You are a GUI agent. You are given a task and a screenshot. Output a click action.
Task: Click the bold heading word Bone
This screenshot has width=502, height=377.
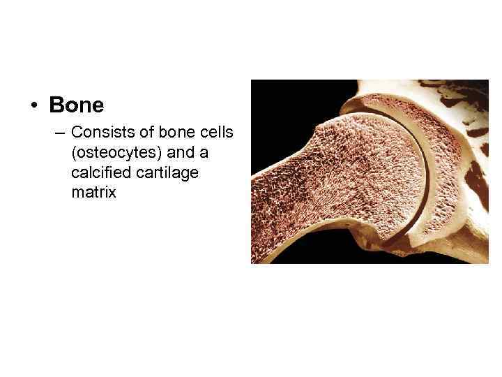tap(76, 105)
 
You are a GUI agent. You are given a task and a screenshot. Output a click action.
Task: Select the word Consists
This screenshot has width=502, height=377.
tap(98, 132)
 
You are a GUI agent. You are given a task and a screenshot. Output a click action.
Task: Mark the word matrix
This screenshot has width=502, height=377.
tap(93, 192)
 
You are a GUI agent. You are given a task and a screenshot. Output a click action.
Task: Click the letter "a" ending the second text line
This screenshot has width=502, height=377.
tap(205, 152)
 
